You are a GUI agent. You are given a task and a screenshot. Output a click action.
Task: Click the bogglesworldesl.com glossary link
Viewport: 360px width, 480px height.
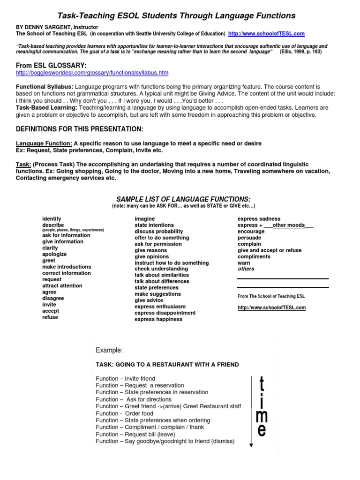[92, 73]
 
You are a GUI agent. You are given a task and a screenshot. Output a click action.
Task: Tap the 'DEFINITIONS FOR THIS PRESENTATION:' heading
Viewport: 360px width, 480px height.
[80, 129]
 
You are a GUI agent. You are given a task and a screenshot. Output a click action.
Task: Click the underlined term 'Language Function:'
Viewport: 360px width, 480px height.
[44, 143]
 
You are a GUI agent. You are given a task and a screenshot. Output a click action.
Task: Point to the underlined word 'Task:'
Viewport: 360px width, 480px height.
[23, 165]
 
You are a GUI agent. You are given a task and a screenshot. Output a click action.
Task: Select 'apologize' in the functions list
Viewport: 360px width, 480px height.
[54, 254]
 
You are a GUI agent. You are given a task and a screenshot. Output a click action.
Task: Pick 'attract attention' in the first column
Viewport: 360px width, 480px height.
[62, 285]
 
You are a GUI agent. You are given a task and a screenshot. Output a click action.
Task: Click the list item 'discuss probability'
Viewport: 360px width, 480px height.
[158, 232]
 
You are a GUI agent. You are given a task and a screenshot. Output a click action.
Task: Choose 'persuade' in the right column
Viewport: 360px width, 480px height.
[249, 238]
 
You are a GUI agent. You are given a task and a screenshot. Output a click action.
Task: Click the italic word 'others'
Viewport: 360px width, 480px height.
[246, 269]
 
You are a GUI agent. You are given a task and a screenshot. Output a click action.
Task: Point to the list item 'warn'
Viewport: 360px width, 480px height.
[244, 263]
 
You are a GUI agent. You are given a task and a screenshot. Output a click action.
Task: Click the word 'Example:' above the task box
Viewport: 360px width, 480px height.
[109, 350]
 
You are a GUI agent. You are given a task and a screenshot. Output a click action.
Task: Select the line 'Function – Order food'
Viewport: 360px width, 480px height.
[124, 413]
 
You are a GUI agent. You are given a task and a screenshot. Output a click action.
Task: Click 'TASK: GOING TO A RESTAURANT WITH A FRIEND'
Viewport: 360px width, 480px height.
[167, 364]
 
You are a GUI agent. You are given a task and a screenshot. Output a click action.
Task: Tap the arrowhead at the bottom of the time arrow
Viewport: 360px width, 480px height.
[252, 445]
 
